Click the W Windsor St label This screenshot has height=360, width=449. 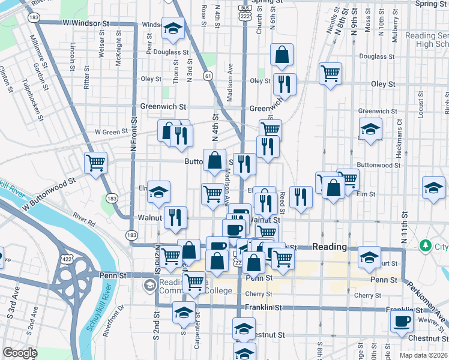[x=86, y=23]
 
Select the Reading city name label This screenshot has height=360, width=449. [x=330, y=247]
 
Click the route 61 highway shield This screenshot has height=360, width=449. [x=208, y=76]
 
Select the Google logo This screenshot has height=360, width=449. [x=20, y=353]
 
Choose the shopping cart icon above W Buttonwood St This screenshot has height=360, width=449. [x=95, y=162]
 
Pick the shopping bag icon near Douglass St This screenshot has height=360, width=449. [x=282, y=56]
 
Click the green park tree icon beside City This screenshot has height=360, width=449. [x=426, y=245]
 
